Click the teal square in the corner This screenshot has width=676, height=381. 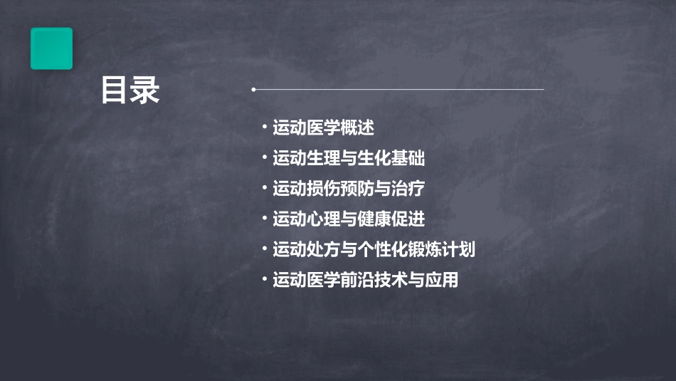pos(51,48)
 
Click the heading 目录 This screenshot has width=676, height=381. pos(130,91)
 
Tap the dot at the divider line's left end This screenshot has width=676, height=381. pos(254,90)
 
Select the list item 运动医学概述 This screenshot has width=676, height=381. pos(323,128)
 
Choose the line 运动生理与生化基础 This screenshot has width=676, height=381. pos(349,158)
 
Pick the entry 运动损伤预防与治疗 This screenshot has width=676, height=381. pos(349,189)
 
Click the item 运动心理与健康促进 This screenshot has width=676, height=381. pos(349,219)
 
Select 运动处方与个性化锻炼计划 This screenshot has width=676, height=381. pos(374,249)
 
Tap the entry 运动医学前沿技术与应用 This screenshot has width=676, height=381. pos(366,280)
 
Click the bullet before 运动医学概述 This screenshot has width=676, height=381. pos(264,127)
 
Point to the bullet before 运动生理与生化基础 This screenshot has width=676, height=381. pos(264,157)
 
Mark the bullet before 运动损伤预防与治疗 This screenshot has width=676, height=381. pos(264,188)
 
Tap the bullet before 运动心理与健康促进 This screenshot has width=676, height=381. pos(264,218)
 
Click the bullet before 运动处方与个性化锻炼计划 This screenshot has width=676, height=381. pos(264,249)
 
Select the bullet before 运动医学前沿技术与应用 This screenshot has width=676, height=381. pos(264,279)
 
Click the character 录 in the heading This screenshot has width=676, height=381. pos(145,91)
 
